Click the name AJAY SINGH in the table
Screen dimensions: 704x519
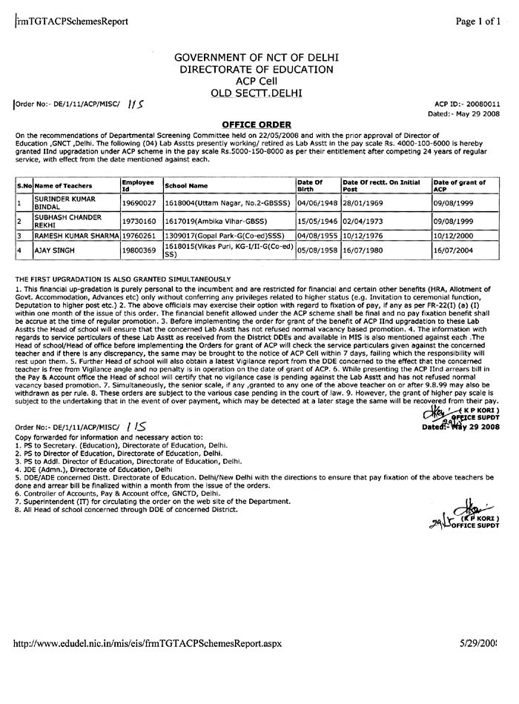point(56,251)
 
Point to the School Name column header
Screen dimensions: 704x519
point(186,185)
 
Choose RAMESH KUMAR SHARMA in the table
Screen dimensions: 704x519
point(77,236)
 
